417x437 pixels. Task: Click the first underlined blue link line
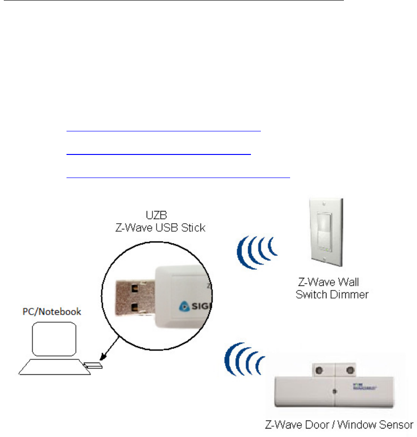coord(164,131)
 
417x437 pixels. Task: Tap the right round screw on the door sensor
coord(349,370)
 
